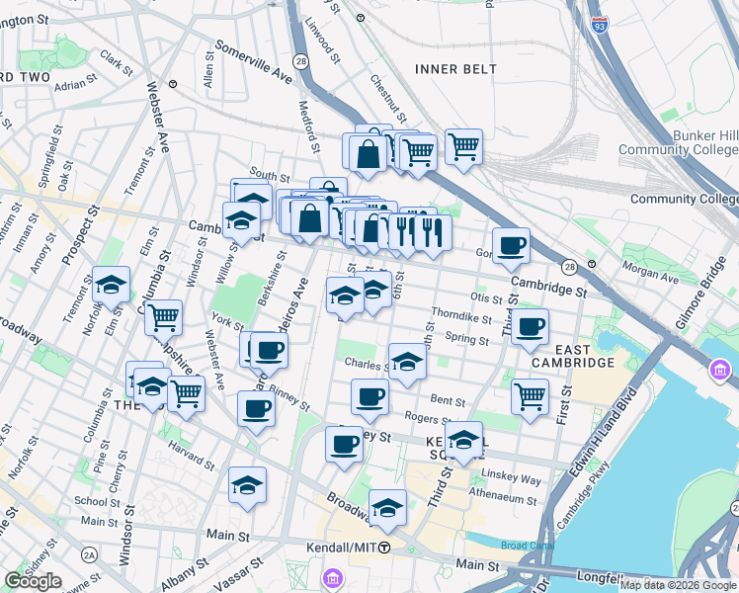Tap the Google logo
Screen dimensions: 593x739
pos(33,581)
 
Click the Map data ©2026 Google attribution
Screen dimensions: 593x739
pos(679,585)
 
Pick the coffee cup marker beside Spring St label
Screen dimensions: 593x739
pos(530,327)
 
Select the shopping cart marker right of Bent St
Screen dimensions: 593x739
pos(531,396)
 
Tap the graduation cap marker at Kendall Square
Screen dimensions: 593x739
pos(463,440)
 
